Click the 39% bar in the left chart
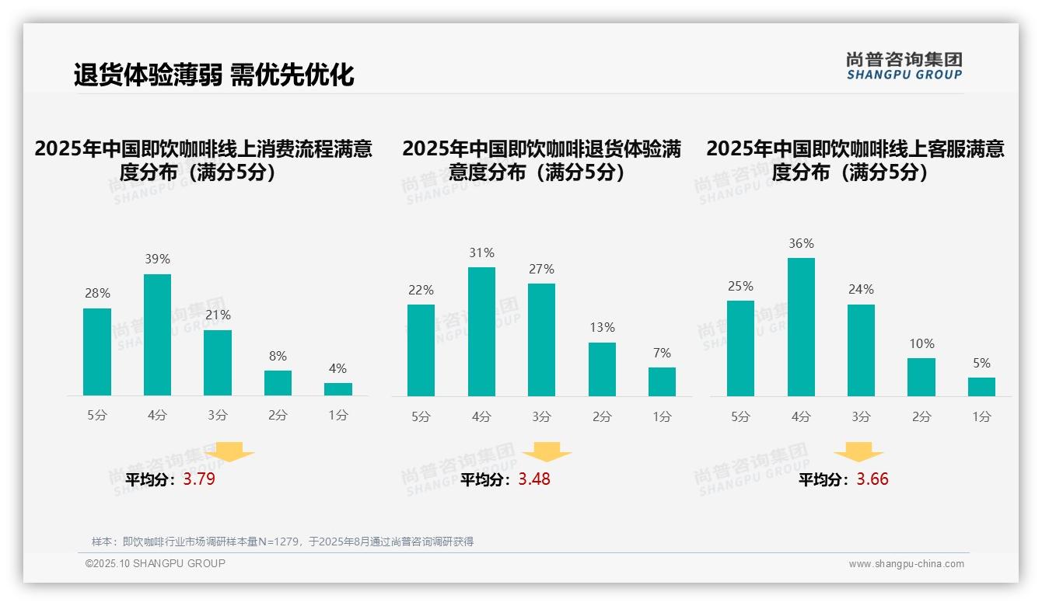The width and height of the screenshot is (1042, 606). point(157,335)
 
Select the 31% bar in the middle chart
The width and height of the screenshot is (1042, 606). point(481,332)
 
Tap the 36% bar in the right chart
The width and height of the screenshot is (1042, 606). point(801,327)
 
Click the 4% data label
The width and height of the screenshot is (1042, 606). point(337,368)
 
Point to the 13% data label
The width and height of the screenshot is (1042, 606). point(602,328)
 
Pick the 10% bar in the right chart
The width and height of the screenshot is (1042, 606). point(921,377)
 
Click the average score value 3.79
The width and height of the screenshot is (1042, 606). point(199,479)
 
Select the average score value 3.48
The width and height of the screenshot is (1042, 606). point(534,479)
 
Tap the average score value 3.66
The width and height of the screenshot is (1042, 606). point(872,479)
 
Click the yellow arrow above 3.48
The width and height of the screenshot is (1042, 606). point(547,452)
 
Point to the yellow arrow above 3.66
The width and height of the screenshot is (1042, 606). point(858,452)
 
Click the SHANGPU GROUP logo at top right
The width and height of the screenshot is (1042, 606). point(904,66)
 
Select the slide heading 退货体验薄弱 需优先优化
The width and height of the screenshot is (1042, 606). point(214,75)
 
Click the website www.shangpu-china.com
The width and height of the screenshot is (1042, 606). point(906,564)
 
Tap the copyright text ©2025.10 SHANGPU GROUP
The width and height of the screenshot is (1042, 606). point(156,563)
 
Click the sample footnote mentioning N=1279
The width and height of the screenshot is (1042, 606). point(282,542)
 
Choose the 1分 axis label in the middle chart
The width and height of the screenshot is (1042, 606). point(662,416)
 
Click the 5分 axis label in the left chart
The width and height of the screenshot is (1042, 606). point(97,416)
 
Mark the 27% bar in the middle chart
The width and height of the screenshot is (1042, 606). point(541,340)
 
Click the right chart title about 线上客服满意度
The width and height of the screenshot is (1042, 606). point(855,160)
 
